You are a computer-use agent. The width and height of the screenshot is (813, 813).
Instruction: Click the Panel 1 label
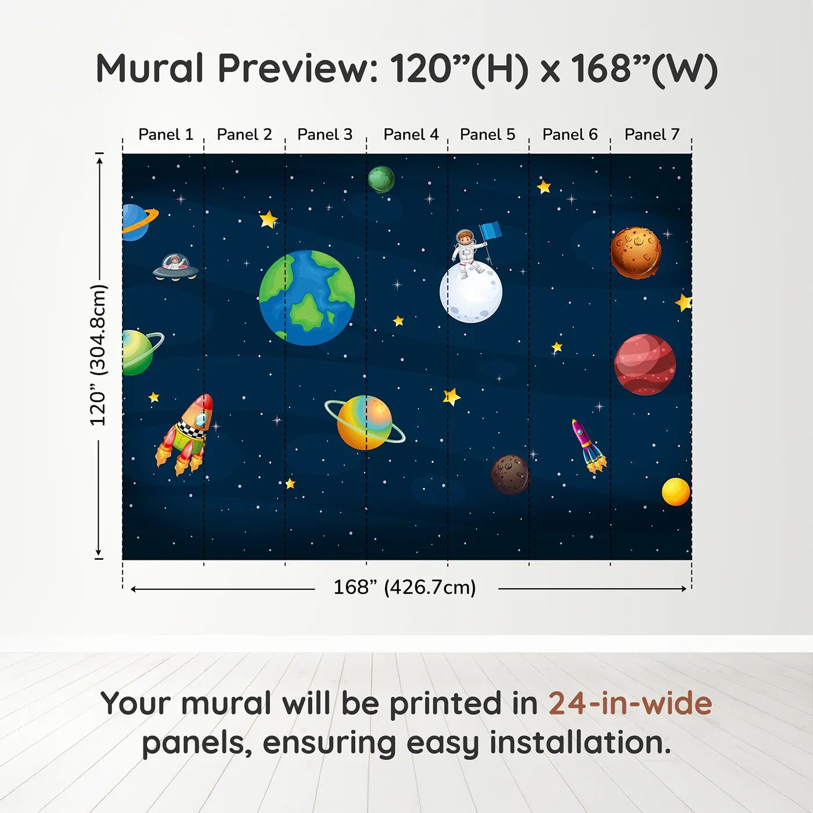[x=166, y=135]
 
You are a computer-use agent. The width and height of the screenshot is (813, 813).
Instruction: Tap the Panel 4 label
[x=411, y=135]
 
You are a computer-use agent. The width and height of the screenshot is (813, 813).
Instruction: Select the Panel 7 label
[x=652, y=135]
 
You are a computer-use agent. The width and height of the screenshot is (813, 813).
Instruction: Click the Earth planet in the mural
[x=307, y=298]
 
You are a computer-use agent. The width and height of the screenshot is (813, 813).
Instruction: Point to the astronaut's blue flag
[x=491, y=231]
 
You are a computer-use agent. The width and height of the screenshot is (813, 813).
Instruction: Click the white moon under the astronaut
[x=471, y=293]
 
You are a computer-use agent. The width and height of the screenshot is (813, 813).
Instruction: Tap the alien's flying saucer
[x=175, y=267]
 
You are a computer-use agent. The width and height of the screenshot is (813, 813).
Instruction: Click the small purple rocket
[x=588, y=446]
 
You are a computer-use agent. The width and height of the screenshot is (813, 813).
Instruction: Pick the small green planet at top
[x=381, y=179]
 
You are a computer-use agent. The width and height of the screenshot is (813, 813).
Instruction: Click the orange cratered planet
[x=636, y=253]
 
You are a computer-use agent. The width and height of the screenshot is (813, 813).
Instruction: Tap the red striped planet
[x=645, y=364]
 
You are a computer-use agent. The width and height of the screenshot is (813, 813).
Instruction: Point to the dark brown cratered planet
[x=510, y=474]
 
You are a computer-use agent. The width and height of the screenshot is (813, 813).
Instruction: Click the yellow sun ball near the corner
[x=676, y=491]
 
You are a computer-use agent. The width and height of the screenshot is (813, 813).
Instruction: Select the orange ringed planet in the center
[x=364, y=423]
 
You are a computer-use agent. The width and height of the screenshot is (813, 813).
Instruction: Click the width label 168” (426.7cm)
[x=404, y=587]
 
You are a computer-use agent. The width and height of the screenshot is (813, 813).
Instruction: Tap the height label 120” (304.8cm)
[x=98, y=355]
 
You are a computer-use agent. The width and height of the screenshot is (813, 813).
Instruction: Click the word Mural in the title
[x=150, y=69]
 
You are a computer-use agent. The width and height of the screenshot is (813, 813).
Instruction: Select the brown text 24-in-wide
[x=630, y=703]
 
